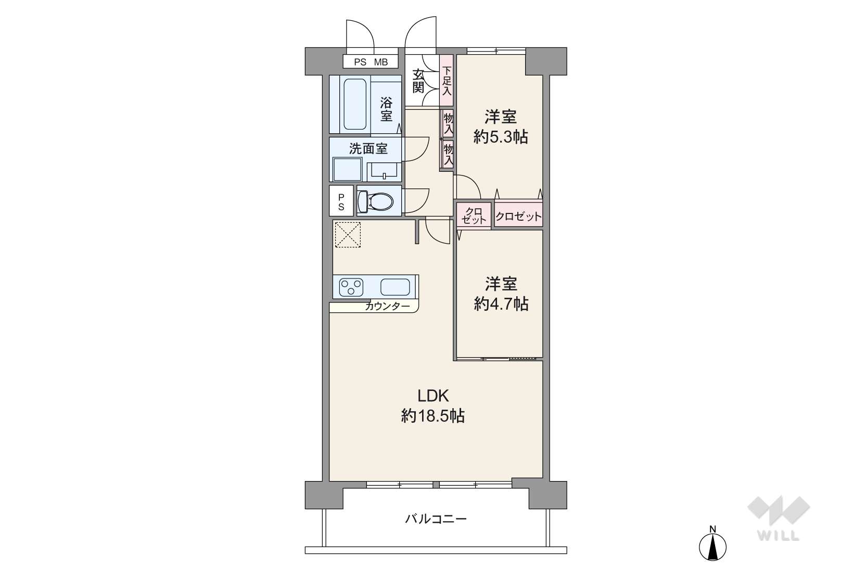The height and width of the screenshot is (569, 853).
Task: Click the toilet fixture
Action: point(375,201)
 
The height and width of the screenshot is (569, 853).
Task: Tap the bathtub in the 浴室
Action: point(355,104)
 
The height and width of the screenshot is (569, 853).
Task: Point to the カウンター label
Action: point(387,306)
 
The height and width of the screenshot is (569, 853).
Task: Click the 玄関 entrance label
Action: point(418,81)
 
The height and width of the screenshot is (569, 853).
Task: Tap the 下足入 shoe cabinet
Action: point(447,80)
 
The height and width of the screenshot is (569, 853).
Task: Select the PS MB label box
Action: point(371,62)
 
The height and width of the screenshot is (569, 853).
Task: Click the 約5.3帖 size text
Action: point(500,137)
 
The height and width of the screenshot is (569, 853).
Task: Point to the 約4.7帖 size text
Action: point(501,304)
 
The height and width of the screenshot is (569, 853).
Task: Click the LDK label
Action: point(434,396)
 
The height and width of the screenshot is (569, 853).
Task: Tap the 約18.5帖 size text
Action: point(432,416)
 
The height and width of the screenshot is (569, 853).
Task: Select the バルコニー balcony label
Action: point(436,519)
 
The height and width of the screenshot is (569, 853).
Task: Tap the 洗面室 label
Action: point(368,149)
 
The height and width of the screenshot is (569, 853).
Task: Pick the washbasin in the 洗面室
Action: point(384,171)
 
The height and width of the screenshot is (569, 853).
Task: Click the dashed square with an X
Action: point(348,235)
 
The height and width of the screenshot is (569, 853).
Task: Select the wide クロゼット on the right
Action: point(519,217)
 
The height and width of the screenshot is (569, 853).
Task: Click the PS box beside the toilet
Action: point(341,201)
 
